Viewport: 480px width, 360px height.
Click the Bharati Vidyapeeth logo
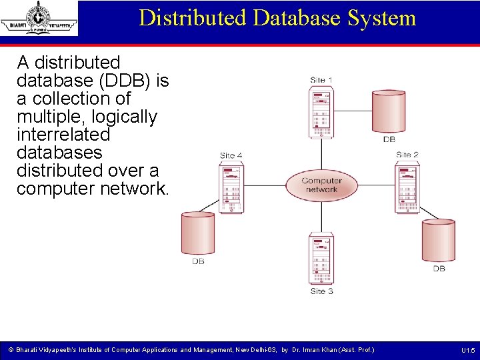point(39,18)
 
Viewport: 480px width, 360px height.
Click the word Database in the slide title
point(295,17)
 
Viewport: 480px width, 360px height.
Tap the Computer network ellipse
point(321,185)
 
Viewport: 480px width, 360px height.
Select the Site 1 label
point(321,80)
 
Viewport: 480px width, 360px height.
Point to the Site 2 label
point(407,155)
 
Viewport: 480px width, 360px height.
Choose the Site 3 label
point(321,291)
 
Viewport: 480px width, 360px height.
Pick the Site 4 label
point(231,155)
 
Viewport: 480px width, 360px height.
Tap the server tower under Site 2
point(407,189)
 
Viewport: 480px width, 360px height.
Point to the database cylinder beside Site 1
point(389,111)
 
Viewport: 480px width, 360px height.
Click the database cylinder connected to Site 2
point(438,241)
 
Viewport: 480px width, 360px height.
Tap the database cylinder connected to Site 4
point(198,233)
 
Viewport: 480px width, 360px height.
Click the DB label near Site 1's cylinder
point(389,140)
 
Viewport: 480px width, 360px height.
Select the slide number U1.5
point(467,350)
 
